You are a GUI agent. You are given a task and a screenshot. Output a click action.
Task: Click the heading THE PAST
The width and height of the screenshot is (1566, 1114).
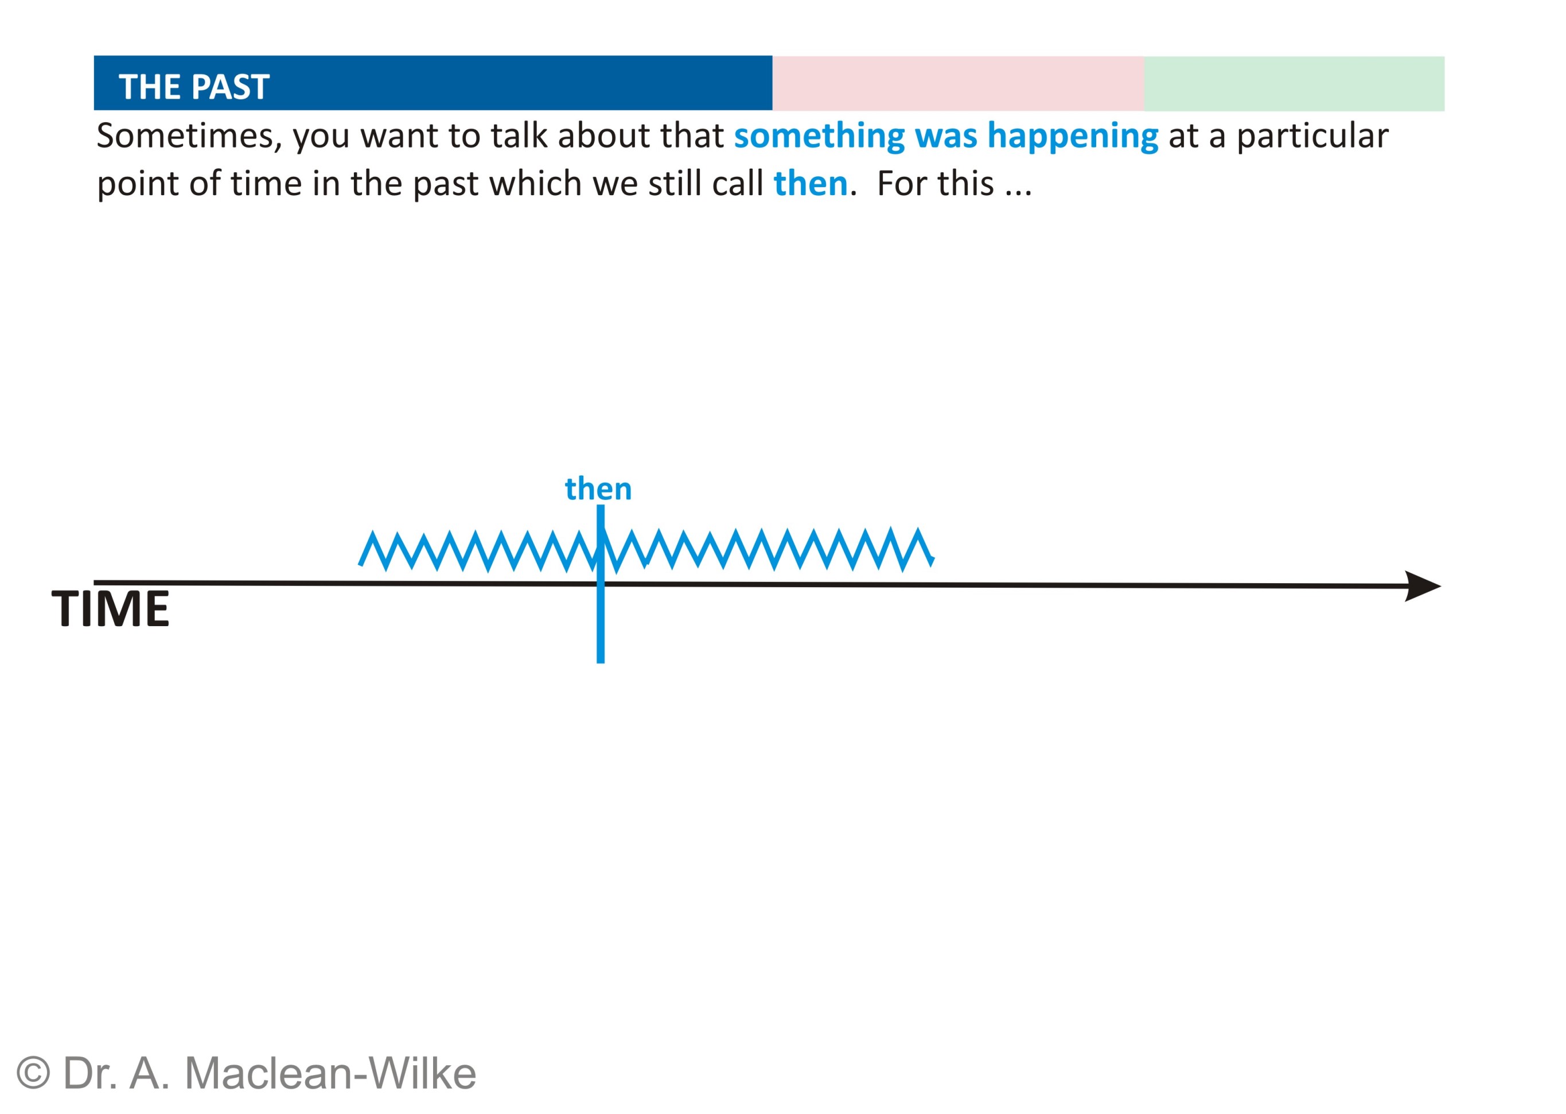pyautogui.click(x=194, y=87)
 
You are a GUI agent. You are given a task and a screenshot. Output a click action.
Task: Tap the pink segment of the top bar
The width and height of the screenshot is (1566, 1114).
pyautogui.click(x=957, y=84)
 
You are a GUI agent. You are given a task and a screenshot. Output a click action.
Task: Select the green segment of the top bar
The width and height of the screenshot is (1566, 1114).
pyautogui.click(x=1294, y=84)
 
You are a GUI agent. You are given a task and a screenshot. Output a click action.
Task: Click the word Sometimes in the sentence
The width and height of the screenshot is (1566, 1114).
pyautogui.click(x=189, y=136)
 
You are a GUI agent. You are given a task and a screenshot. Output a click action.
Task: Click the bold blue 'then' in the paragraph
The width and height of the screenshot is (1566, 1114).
pyautogui.click(x=811, y=184)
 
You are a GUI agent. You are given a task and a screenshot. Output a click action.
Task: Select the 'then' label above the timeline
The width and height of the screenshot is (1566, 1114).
pyautogui.click(x=598, y=489)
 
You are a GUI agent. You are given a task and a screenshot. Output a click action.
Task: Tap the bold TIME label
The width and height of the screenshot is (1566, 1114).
pyautogui.click(x=110, y=608)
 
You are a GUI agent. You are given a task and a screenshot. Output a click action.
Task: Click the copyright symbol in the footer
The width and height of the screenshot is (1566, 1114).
pyautogui.click(x=33, y=1073)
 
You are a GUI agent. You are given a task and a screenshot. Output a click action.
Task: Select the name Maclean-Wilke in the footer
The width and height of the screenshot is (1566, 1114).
pyautogui.click(x=330, y=1073)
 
